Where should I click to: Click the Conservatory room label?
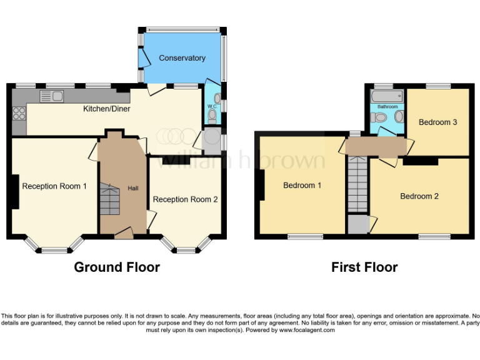182,58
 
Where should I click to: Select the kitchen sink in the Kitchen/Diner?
51,96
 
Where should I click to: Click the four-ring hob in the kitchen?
19,113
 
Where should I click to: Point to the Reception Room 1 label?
54,186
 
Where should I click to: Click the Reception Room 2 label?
185,199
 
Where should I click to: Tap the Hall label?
133,188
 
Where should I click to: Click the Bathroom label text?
387,107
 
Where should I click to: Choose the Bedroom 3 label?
437,122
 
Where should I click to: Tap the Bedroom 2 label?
419,196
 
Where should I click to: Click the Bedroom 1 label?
302,186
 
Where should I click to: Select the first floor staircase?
359,184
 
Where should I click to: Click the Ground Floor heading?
117,267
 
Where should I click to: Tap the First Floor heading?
364,267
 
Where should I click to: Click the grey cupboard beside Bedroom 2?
358,224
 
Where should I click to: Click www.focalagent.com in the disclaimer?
307,330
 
